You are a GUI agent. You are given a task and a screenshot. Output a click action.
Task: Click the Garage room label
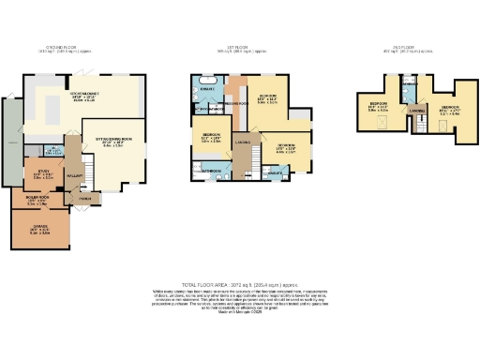coord(39,221)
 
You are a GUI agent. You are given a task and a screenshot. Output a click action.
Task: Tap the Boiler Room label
coord(37,198)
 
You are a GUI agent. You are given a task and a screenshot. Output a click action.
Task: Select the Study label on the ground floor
coord(42,172)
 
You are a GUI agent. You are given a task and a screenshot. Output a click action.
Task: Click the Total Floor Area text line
coord(239,283)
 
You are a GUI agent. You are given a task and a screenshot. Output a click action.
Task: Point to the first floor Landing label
coord(241,142)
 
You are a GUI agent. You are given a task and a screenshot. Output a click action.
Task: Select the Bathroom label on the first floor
coord(211,172)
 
